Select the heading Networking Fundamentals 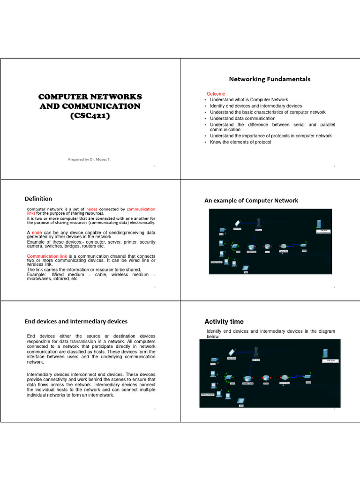coord(269,79)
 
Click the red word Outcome coord(216,94)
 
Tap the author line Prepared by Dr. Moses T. coord(90,159)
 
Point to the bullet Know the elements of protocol coord(240,142)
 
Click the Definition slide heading coord(38,198)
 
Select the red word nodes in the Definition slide coord(92,209)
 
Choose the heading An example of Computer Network coord(251,200)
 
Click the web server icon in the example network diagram coord(320,224)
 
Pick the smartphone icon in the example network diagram coord(237,223)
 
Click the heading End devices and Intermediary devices coord(76,321)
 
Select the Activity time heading coord(224,322)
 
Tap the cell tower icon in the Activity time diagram coord(256,352)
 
